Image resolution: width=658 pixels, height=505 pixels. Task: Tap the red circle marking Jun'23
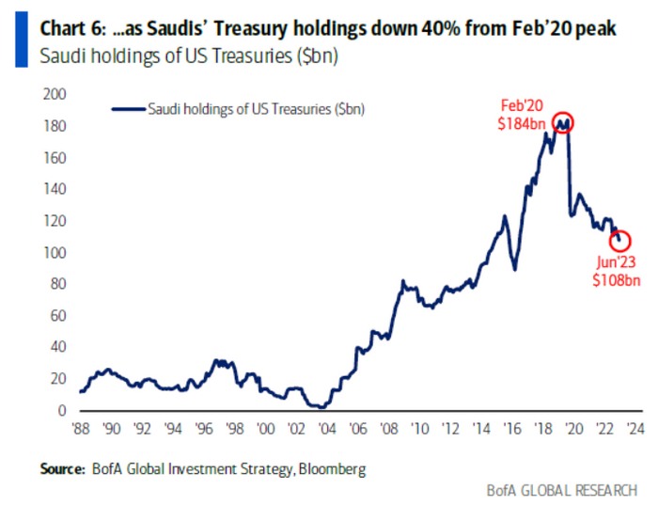point(619,242)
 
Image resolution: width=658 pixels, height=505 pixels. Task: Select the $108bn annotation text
point(616,280)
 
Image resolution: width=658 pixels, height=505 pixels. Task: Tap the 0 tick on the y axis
point(62,411)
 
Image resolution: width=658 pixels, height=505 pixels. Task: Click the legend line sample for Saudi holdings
point(128,109)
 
